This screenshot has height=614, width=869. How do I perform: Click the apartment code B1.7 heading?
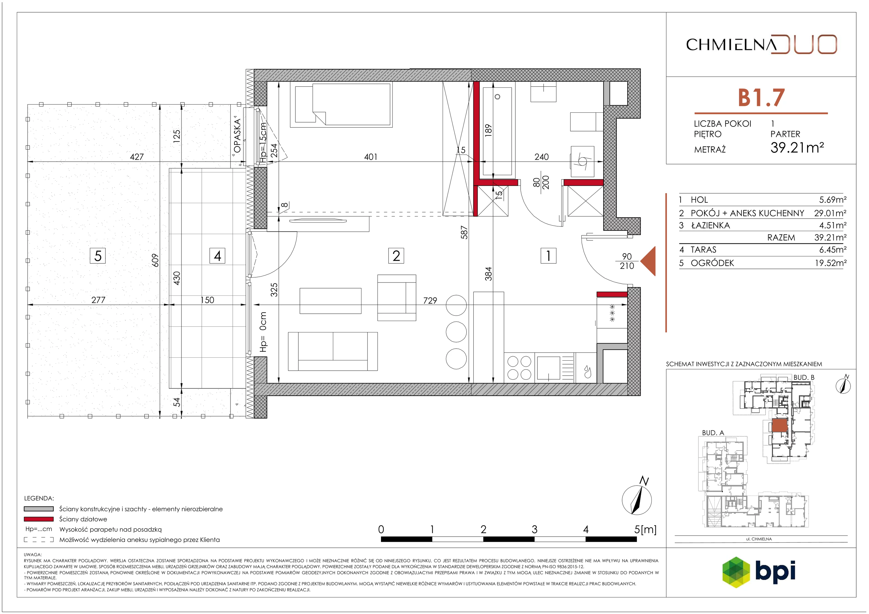(x=761, y=98)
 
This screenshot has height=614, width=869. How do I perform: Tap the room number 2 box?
(x=396, y=256)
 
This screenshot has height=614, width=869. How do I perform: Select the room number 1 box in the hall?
(x=549, y=256)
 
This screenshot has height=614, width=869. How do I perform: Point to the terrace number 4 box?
(x=217, y=256)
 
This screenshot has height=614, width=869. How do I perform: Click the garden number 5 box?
(x=98, y=256)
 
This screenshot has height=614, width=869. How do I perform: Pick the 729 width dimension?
(x=430, y=301)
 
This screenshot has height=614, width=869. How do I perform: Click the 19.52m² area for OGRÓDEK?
(x=831, y=263)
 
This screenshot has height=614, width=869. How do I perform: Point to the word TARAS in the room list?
(x=704, y=250)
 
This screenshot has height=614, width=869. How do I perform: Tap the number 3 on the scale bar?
(x=534, y=529)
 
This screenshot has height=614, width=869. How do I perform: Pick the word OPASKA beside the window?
(x=237, y=136)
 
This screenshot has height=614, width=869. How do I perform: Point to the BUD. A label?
(x=713, y=433)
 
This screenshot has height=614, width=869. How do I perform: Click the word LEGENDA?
(x=39, y=499)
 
